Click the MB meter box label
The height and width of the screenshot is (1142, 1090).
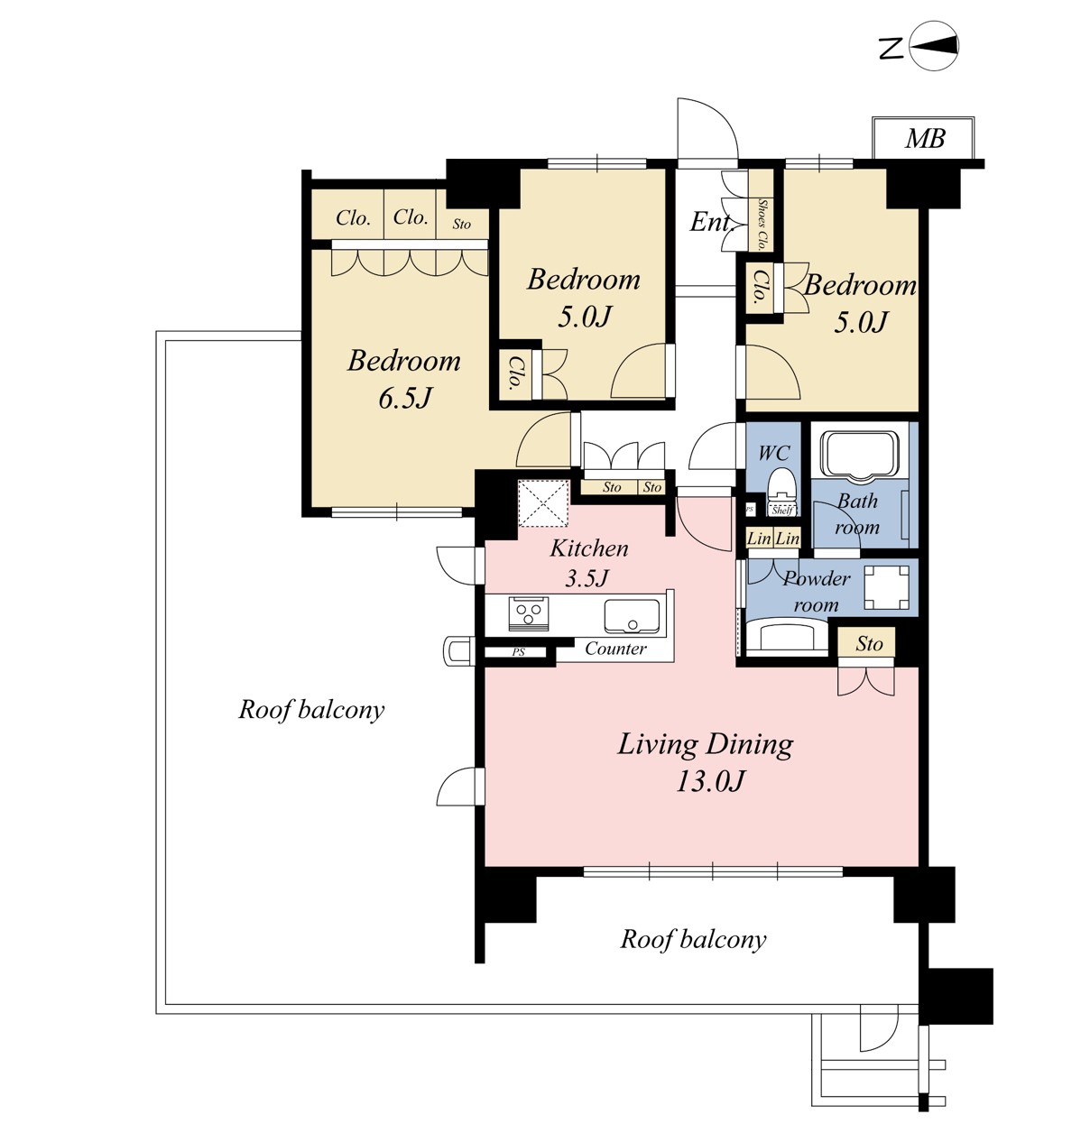point(925,138)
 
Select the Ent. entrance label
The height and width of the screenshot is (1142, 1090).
point(712,221)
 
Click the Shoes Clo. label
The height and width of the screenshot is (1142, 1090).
point(762,225)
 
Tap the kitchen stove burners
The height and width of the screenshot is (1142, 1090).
point(529,612)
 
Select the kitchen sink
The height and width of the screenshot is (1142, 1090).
point(633,616)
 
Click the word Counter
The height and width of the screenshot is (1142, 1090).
point(615,649)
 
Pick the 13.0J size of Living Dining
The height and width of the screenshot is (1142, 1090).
point(710,782)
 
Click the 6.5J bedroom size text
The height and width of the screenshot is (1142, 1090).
point(405,399)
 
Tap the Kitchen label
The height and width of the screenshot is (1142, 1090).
point(589,548)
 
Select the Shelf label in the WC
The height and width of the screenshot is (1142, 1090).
point(782,511)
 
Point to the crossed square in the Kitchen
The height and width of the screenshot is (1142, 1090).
point(543,503)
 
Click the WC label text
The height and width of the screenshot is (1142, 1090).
point(774,453)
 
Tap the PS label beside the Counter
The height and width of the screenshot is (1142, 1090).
point(518,652)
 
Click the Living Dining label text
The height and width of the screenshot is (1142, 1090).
point(706,744)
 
